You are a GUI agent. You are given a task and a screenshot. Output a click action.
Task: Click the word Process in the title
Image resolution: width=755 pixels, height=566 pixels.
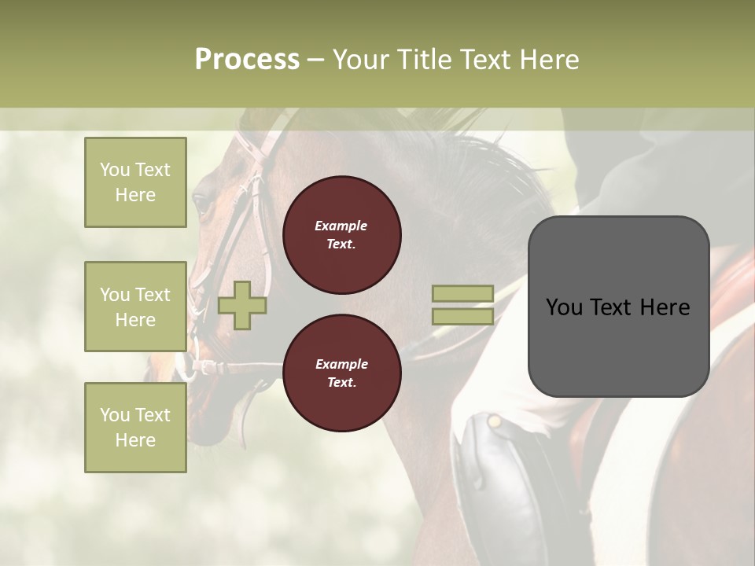coord(247,60)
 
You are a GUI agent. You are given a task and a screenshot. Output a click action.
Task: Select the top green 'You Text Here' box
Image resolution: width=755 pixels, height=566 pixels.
coord(135,182)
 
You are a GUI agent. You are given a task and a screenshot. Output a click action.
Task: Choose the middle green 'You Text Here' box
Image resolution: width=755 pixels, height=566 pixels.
coord(135,307)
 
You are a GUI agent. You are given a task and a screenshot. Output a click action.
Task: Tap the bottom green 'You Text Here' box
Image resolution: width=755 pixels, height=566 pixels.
coord(135,427)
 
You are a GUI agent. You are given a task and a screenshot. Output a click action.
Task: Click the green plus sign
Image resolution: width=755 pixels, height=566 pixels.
coord(242,305)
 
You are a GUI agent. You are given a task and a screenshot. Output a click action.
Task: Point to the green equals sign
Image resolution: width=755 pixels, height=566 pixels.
coord(462,305)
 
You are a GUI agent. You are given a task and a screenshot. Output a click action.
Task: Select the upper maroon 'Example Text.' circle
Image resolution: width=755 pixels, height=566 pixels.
coord(341,234)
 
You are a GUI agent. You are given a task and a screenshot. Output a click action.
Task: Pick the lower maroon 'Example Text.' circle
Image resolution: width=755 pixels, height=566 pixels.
coord(341,373)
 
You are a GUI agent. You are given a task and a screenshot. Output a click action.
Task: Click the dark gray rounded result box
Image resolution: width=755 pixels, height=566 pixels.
coord(618,307)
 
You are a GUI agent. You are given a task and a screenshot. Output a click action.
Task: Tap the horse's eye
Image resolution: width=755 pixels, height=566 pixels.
coord(201,204)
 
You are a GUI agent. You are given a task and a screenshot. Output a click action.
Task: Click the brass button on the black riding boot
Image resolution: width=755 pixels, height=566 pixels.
coord(494,422)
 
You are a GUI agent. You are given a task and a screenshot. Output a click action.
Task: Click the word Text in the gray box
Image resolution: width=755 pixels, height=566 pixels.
coord(617,307)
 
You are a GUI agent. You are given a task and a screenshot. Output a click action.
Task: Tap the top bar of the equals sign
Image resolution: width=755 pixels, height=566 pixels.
coord(462,294)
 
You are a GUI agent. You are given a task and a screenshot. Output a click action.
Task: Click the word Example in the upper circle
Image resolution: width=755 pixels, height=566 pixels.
coord(341,226)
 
